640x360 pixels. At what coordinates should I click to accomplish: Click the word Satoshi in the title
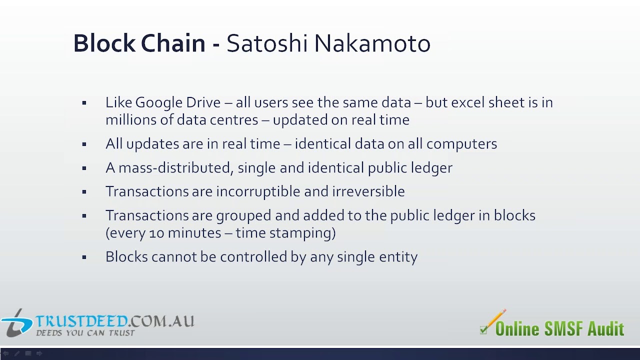click(267, 43)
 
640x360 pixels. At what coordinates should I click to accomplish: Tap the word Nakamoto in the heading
click(372, 43)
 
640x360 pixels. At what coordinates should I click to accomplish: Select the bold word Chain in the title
click(173, 43)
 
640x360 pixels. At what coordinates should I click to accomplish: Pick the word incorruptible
click(258, 191)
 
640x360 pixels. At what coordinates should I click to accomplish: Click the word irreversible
click(368, 191)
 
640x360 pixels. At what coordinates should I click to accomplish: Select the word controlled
click(253, 256)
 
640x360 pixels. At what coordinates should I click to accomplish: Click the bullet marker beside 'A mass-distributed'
click(84, 168)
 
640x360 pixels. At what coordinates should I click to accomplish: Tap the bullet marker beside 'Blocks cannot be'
click(84, 257)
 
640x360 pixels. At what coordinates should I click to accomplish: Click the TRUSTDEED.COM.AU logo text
click(114, 321)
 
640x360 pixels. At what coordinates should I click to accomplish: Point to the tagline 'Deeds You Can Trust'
click(85, 333)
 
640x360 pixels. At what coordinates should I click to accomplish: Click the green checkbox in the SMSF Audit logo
click(483, 330)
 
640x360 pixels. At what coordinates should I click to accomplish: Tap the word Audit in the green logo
click(605, 328)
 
